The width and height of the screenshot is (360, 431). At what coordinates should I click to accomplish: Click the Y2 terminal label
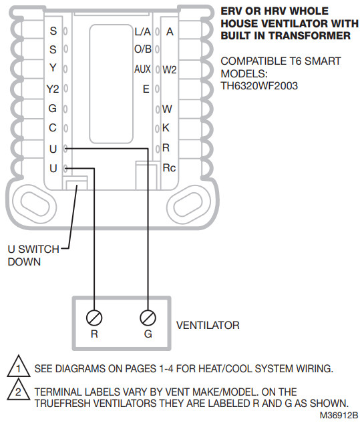point(53,89)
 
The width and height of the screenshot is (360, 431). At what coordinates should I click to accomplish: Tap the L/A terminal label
point(143,31)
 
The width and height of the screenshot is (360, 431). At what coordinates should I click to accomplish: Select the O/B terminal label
point(142,49)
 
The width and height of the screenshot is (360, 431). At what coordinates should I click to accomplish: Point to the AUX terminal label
point(142,69)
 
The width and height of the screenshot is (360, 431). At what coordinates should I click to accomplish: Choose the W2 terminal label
point(170,69)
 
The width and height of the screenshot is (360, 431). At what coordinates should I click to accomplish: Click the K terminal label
point(166,127)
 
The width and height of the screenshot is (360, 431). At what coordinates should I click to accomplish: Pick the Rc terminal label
point(169,167)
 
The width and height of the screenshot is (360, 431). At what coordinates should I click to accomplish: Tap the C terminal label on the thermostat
point(53,128)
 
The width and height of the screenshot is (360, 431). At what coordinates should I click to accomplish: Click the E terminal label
point(146,89)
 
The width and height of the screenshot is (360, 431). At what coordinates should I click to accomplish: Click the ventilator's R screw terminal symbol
point(94,317)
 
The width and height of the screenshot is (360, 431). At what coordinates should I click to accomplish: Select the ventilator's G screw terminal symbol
point(148,317)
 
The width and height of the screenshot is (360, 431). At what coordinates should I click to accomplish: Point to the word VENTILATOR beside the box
point(208,326)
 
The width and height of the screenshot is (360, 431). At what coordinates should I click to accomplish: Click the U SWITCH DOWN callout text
point(29,256)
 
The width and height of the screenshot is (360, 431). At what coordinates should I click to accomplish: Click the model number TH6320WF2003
point(259,85)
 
